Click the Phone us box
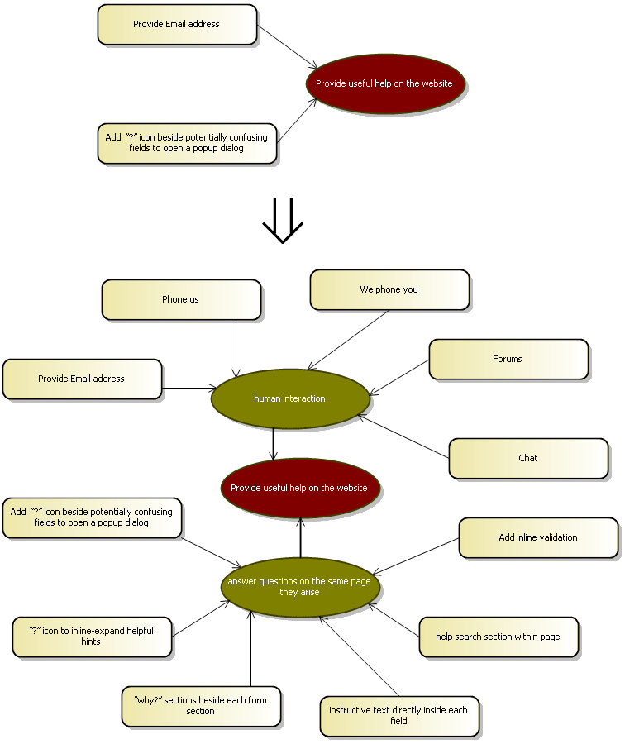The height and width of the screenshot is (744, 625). (x=181, y=299)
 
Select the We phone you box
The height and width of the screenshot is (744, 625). (x=389, y=289)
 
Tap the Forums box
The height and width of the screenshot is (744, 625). (x=508, y=359)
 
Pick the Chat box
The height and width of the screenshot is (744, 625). (x=528, y=458)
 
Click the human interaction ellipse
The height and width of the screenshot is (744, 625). (x=289, y=398)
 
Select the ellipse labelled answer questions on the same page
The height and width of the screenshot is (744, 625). (x=300, y=587)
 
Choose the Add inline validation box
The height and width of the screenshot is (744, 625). (x=538, y=537)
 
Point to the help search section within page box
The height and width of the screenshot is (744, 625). (x=498, y=637)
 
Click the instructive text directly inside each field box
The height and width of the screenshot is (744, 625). (x=399, y=716)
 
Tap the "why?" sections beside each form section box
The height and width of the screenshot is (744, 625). (x=201, y=706)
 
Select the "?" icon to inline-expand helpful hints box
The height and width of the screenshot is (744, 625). (x=92, y=637)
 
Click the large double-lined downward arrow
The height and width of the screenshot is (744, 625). (x=283, y=222)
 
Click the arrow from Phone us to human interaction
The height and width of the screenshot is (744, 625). (x=236, y=347)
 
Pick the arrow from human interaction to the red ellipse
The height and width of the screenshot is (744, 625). (x=273, y=444)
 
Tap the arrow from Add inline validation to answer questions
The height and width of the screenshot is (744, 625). (x=416, y=556)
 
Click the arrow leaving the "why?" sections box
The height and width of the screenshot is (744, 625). (x=250, y=649)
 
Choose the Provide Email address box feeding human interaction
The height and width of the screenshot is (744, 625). (x=82, y=379)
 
